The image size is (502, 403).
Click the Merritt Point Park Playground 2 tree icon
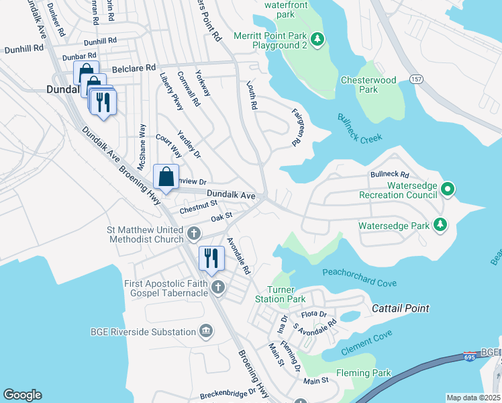coord(318,40)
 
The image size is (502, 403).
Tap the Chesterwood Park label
coord(378,85)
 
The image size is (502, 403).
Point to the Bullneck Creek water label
coord(360,129)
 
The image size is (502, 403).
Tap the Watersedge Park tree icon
coord(440,225)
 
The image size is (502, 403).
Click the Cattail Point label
coord(401,308)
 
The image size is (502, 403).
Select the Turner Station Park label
coord(281,294)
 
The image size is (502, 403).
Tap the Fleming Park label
coord(362,373)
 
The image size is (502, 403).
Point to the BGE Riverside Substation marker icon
coord(206,331)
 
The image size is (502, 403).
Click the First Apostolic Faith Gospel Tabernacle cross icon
coord(217,288)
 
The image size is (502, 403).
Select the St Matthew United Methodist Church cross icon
coord(193,234)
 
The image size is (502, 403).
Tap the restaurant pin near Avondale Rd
coord(211,259)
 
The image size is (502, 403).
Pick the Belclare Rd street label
coord(134,68)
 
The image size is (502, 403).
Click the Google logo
coord(23,395)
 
